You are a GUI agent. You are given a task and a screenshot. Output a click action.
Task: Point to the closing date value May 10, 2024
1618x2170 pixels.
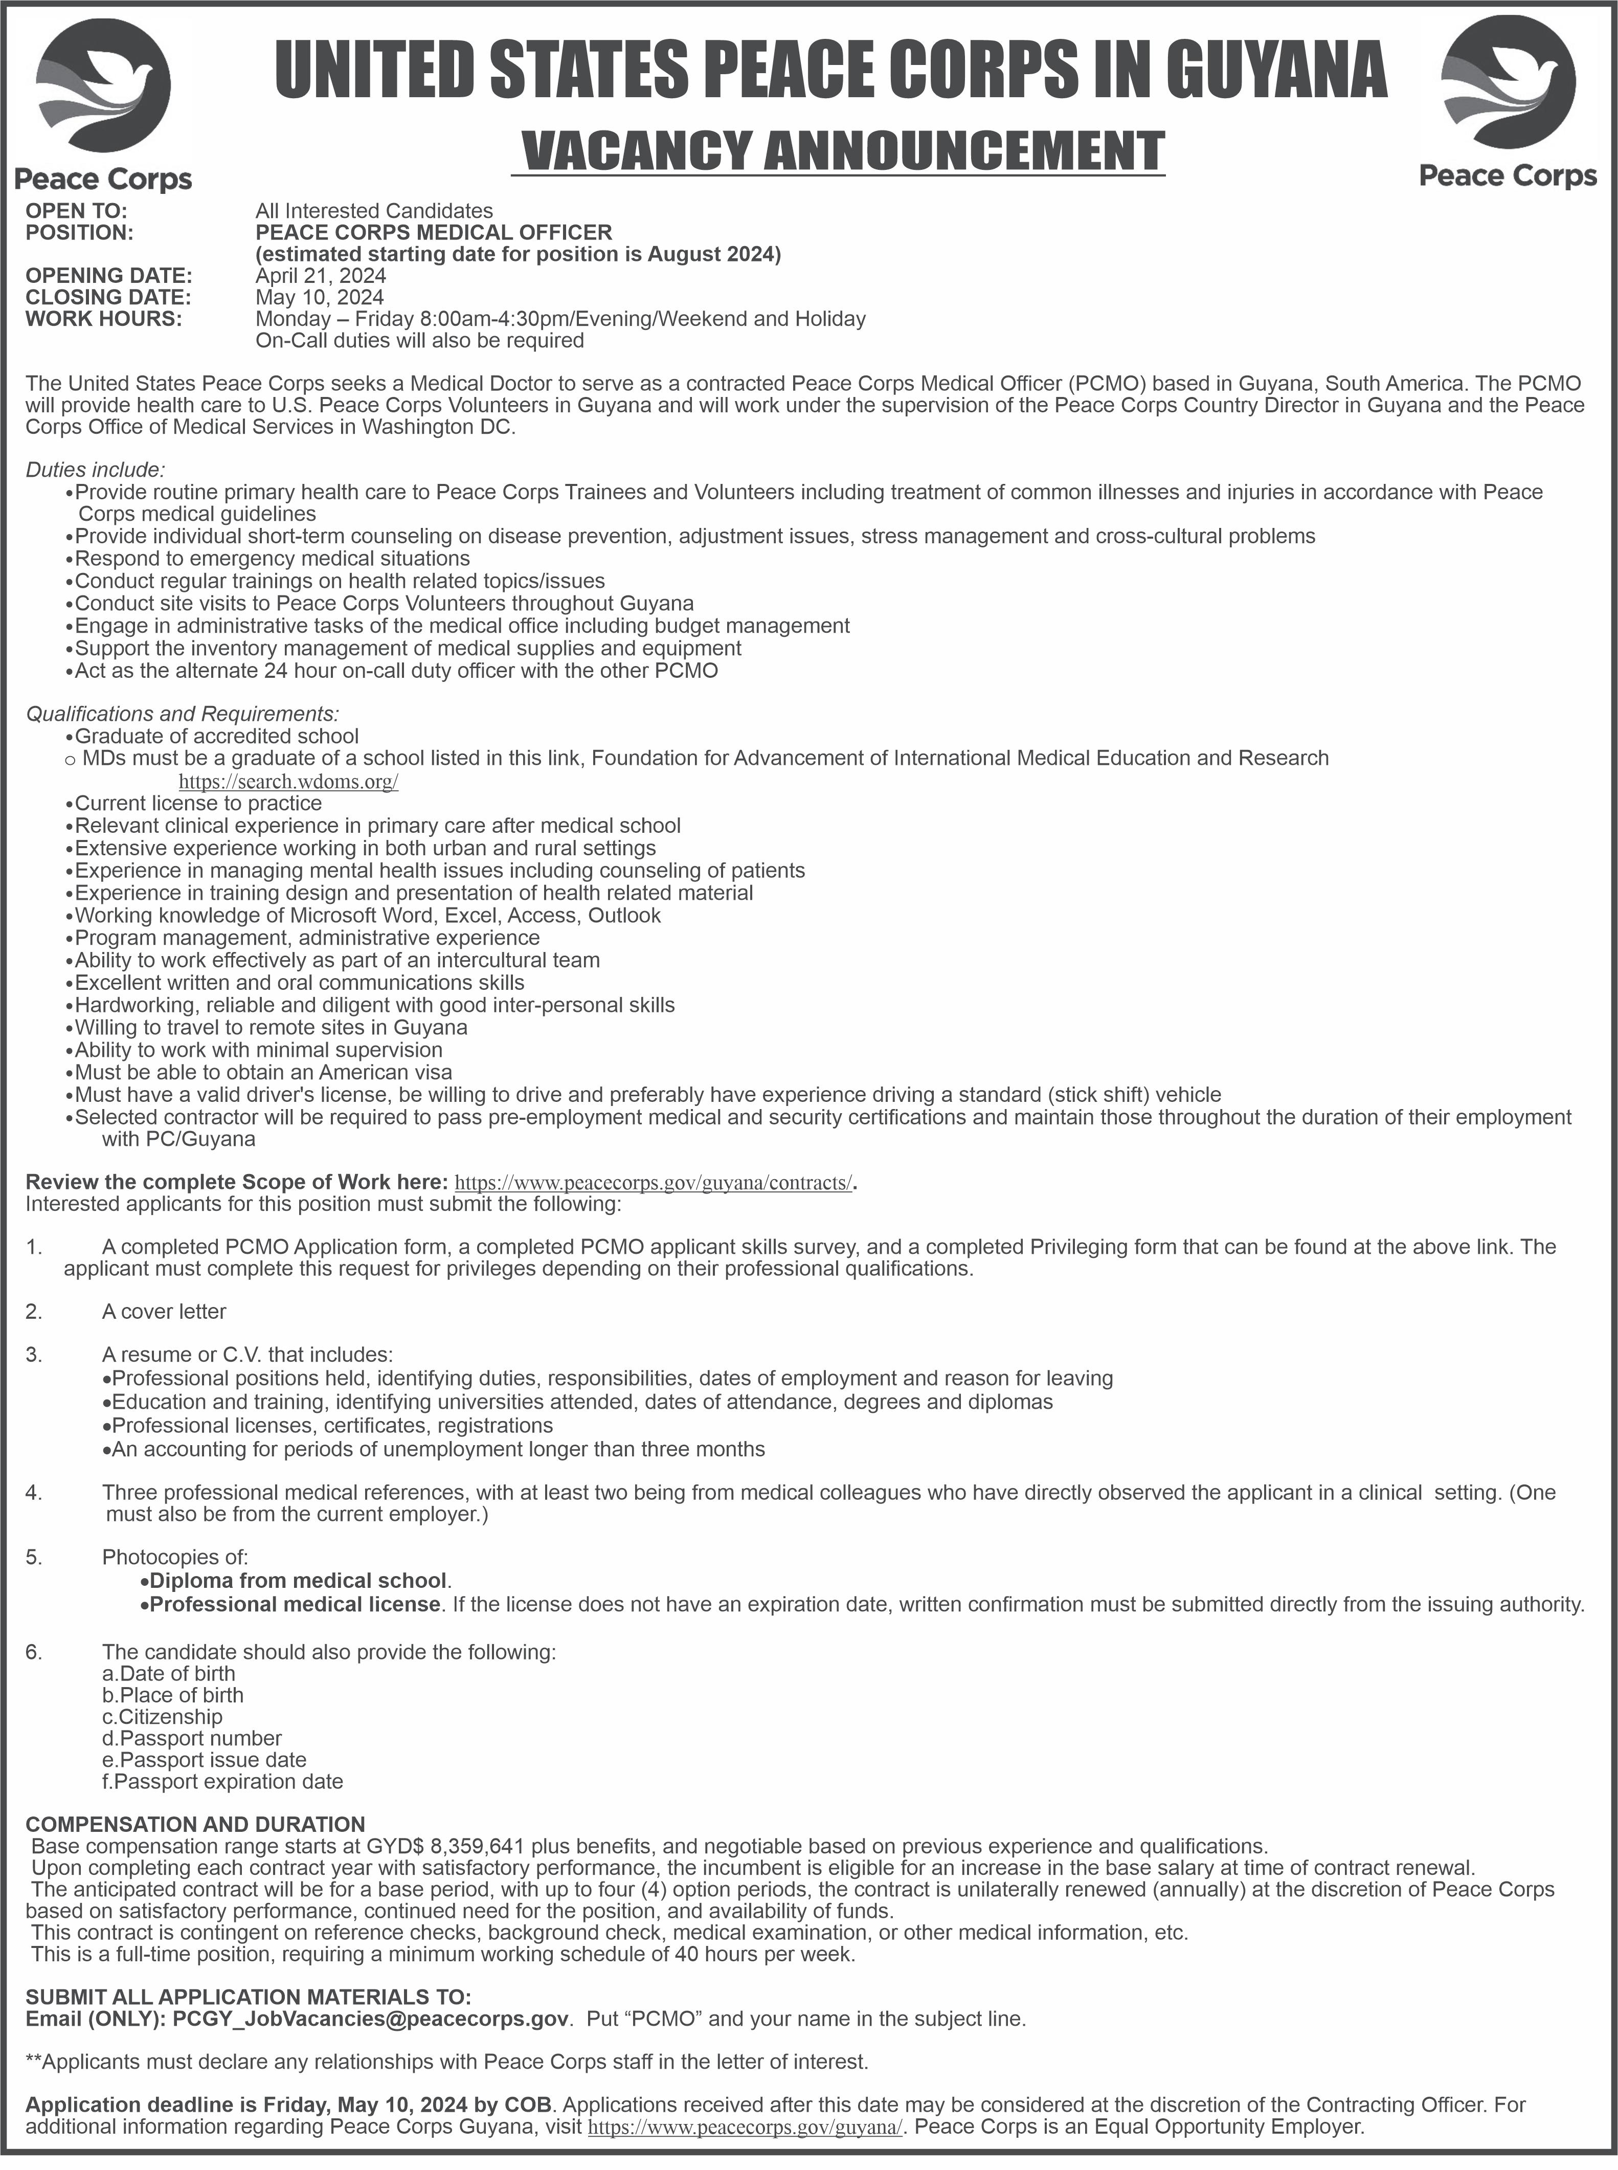click(319, 297)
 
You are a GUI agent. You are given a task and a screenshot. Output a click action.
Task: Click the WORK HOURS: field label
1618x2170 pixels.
click(104, 318)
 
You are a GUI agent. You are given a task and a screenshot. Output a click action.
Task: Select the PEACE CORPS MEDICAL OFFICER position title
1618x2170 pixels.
click(434, 232)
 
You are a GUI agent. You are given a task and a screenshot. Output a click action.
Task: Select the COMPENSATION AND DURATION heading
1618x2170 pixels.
click(195, 1824)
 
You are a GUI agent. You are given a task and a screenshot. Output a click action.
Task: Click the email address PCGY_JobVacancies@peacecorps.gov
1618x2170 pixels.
click(370, 2019)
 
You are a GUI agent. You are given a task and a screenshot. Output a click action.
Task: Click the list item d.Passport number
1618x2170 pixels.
click(192, 1738)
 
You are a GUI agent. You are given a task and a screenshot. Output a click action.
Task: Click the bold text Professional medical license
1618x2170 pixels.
click(294, 1604)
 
